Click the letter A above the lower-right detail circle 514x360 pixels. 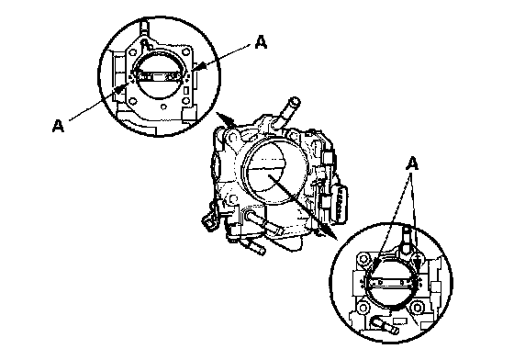tap(412, 163)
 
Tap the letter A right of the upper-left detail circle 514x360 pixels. tap(261, 42)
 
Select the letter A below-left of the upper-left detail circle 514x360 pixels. tap(58, 126)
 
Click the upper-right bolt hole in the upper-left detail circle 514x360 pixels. tap(186, 52)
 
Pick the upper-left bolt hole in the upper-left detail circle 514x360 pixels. tap(133, 52)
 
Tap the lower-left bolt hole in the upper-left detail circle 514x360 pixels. tap(133, 100)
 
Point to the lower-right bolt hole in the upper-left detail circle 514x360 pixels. tap(186, 100)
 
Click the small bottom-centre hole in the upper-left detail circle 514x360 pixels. tap(163, 107)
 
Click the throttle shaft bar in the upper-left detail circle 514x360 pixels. tap(159, 77)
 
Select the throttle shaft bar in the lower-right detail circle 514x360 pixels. tap(393, 282)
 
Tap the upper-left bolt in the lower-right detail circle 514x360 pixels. tap(363, 259)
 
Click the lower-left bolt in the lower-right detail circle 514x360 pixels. tap(363, 308)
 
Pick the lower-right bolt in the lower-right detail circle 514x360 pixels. tap(417, 308)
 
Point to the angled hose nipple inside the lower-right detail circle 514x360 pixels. tap(385, 325)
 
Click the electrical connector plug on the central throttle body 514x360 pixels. tap(340, 203)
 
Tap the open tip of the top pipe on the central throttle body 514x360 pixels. tap(295, 100)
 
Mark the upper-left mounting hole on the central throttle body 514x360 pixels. tap(232, 134)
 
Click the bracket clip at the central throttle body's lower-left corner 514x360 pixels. tap(210, 218)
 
